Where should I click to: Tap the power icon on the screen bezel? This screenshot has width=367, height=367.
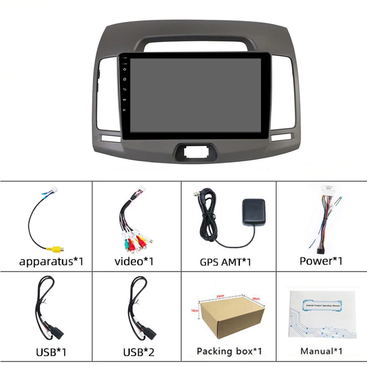[125, 69]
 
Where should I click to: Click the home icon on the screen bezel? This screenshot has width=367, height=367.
[125, 79]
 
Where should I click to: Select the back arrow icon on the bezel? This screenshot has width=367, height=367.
[125, 89]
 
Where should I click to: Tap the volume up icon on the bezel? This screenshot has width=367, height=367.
[125, 99]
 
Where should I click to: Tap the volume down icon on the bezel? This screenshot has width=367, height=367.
[125, 109]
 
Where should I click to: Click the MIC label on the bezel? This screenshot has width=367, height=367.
[125, 58]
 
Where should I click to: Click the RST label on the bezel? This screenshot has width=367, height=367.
[125, 63]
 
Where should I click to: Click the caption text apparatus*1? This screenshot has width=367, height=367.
[51, 262]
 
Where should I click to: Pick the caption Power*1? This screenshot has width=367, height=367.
[321, 261]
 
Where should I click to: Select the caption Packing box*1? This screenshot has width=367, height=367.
[229, 351]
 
